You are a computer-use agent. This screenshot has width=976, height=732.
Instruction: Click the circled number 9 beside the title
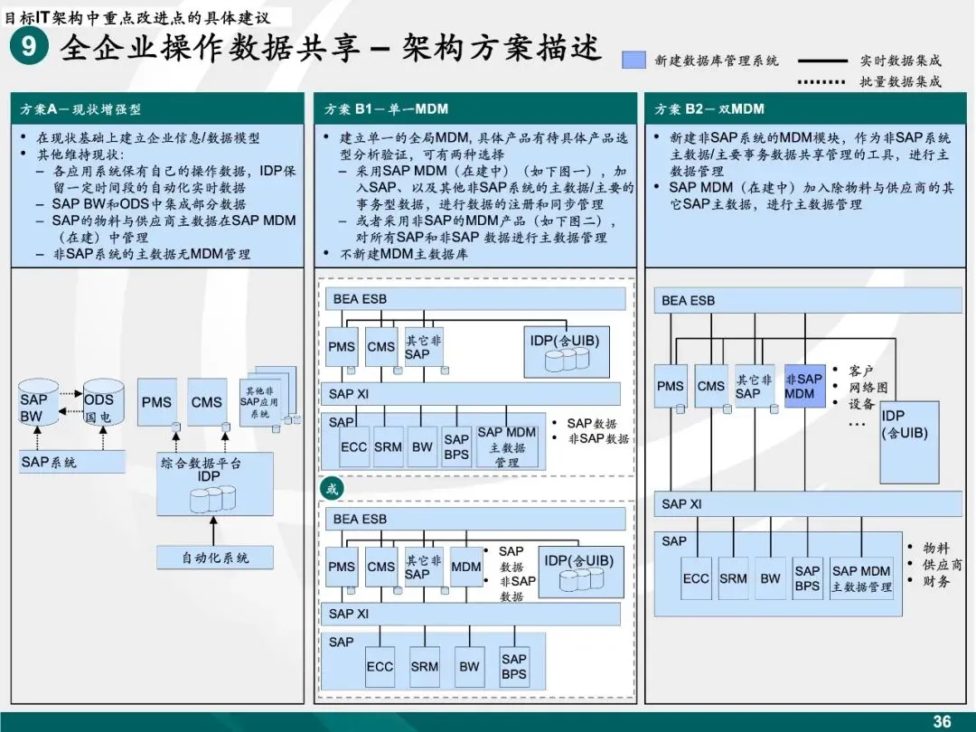point(30,46)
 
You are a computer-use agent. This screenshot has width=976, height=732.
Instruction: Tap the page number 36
point(942,721)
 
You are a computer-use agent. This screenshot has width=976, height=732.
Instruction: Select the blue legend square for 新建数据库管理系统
point(634,60)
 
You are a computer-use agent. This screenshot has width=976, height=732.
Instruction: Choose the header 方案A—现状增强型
point(81,109)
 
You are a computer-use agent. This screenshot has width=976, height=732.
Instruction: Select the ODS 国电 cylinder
point(99,408)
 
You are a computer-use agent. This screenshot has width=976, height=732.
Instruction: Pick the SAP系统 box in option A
point(70,462)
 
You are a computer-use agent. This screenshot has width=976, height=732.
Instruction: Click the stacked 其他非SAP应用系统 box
point(266,399)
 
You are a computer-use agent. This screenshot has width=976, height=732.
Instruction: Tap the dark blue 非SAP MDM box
point(804,386)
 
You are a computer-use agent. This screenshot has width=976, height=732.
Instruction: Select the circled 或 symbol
point(333,489)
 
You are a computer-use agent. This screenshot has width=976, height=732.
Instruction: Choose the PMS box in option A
point(156,403)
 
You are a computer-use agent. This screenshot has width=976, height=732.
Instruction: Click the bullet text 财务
point(935,581)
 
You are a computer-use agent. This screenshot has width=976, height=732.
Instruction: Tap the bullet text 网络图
point(868,387)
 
